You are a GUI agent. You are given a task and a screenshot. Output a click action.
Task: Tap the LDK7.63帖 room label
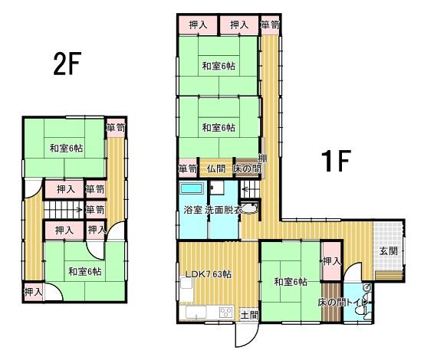pos(207,274)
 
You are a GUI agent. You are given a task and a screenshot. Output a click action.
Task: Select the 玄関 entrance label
pos(389,250)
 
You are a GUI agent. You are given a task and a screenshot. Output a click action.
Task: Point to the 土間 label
pos(249,314)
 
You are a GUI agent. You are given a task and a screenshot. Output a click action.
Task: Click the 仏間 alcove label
pos(215,169)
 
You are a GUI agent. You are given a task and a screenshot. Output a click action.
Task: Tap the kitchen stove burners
pos(225,311)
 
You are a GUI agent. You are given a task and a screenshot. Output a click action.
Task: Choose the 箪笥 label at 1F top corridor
pos(269,25)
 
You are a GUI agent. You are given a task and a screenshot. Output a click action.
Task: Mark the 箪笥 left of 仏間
pos(187,169)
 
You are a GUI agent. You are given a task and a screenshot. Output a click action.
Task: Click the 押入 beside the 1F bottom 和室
pos(331,261)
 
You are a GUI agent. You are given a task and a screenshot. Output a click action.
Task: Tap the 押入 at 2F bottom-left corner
pos(32,291)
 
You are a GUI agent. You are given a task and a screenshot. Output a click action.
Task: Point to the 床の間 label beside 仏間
pos(247,169)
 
